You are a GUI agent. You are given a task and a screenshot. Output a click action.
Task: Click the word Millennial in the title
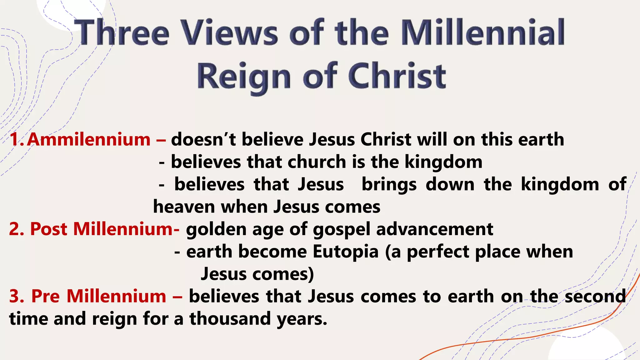click(482, 32)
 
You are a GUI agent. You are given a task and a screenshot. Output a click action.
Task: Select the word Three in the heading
click(123, 32)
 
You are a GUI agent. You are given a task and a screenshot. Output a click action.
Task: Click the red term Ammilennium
click(89, 139)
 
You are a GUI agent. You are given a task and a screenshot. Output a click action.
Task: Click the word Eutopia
click(346, 252)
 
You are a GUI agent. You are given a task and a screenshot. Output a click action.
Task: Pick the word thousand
click(230, 319)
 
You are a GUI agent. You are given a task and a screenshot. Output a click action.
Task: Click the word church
click(317, 162)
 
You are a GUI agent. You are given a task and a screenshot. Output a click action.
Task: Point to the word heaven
click(184, 207)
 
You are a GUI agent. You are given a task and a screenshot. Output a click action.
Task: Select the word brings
click(389, 185)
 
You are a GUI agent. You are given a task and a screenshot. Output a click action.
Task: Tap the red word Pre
click(46, 296)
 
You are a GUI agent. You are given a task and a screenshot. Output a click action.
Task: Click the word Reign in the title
click(244, 77)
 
